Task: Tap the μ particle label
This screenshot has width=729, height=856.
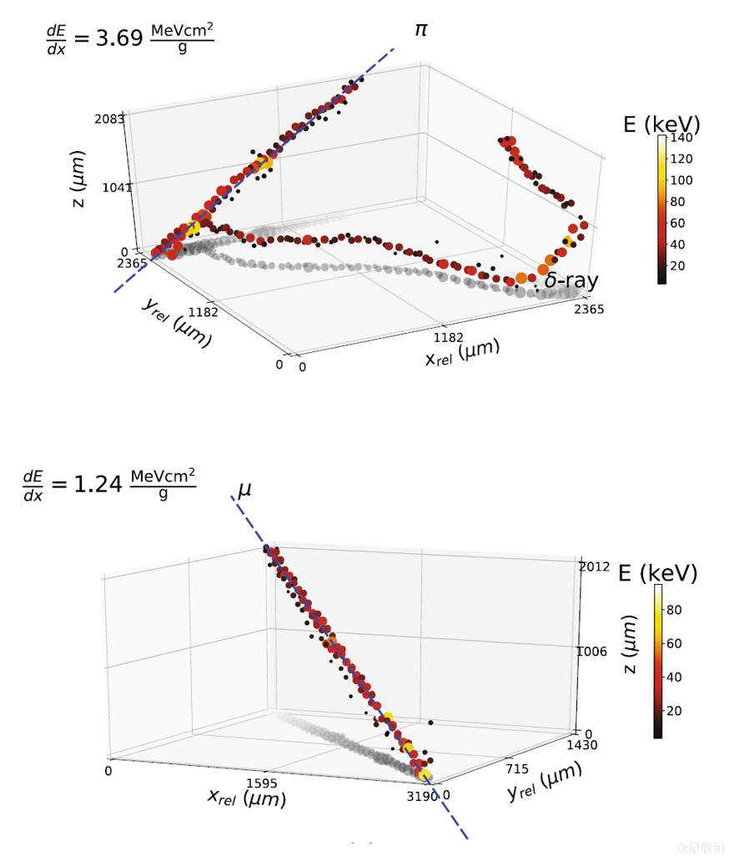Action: tap(244, 490)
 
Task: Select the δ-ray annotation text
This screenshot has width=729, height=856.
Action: tap(571, 281)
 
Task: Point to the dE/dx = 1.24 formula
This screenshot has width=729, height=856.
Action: tap(109, 483)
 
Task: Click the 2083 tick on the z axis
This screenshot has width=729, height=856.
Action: tap(109, 119)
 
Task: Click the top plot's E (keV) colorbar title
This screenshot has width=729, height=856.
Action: tap(661, 124)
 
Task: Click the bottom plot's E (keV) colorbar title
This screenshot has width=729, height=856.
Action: tap(657, 573)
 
